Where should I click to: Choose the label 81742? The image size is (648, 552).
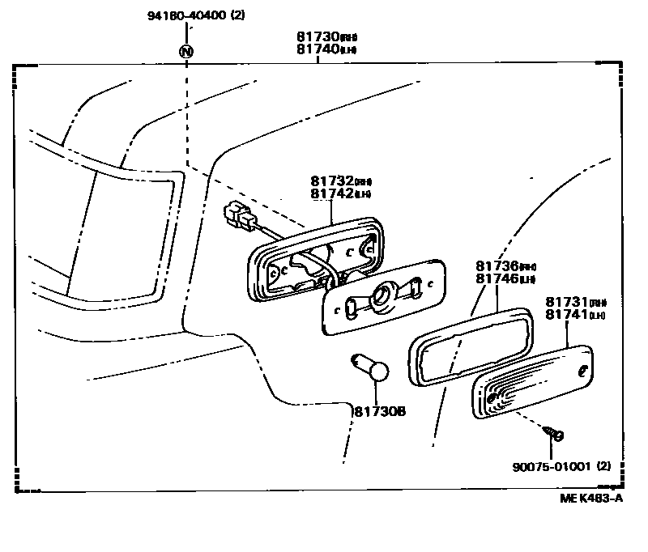point(332,194)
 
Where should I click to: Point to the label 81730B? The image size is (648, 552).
point(379,411)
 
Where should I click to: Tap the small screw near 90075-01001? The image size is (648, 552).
point(554,435)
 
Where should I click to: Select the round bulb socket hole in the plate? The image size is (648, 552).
point(382,298)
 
